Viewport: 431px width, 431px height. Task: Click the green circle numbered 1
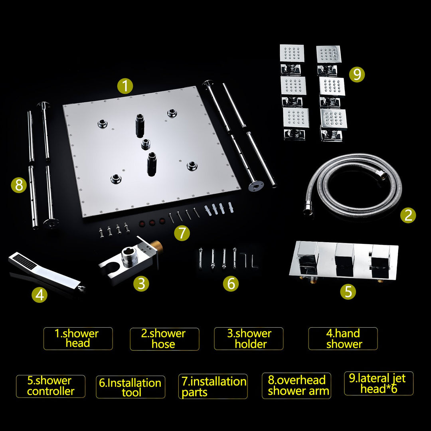click(x=125, y=86)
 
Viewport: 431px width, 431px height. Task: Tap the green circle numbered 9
click(x=357, y=74)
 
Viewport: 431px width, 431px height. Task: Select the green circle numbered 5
click(x=348, y=291)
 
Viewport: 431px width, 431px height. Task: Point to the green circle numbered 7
click(x=182, y=233)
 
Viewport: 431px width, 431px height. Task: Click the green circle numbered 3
click(x=141, y=284)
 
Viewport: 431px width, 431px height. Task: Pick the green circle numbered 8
click(x=19, y=185)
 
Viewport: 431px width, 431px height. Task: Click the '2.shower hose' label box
click(x=164, y=339)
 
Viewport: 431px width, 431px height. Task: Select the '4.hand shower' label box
click(x=343, y=338)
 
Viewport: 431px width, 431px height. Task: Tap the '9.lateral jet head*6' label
click(x=378, y=384)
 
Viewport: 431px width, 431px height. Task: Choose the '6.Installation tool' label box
click(x=130, y=387)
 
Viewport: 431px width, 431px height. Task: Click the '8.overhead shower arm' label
click(x=296, y=386)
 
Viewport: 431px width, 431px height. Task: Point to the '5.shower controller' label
click(x=51, y=386)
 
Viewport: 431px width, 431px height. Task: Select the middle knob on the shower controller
click(x=345, y=260)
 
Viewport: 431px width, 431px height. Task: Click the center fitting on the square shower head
click(x=146, y=144)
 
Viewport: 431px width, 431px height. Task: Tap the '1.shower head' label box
click(x=78, y=339)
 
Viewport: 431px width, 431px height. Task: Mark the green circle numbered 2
click(x=408, y=215)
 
